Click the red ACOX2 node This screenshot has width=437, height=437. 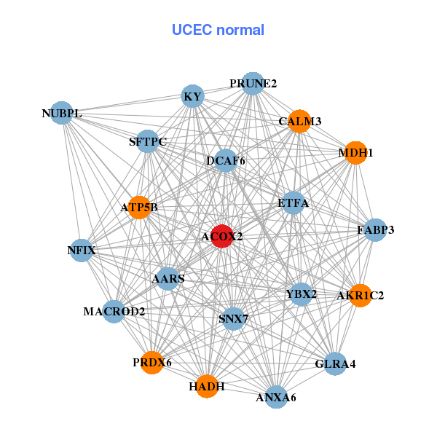click(x=221, y=237)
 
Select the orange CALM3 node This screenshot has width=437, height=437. click(x=299, y=121)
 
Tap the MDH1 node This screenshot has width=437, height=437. click(x=355, y=153)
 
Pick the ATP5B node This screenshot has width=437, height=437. click(x=139, y=208)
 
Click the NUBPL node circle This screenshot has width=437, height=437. click(x=62, y=113)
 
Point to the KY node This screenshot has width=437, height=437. click(x=192, y=96)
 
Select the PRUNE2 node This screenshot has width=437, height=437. click(x=253, y=84)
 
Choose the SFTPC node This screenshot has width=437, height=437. click(x=148, y=141)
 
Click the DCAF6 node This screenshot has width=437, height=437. click(x=225, y=160)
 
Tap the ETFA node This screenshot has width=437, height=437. click(x=293, y=203)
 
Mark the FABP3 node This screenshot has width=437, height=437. click(x=375, y=230)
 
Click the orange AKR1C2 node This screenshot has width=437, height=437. click(x=361, y=295)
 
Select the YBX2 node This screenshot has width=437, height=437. click(x=301, y=294)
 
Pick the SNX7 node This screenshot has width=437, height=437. click(x=233, y=318)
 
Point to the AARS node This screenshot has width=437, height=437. click(x=168, y=278)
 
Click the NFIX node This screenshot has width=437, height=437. click(x=82, y=251)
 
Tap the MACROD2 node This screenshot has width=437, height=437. click(x=114, y=312)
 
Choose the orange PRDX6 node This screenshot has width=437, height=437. click(x=152, y=362)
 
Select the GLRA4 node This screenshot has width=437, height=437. click(x=335, y=363)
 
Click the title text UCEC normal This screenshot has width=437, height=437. click(x=218, y=30)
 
